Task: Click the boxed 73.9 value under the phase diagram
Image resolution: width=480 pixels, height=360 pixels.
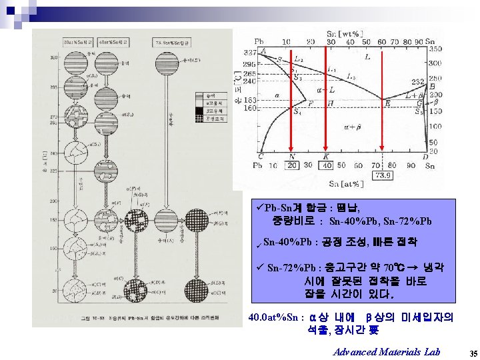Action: click(383, 175)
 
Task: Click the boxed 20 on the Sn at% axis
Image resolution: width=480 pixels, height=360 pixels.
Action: click(292, 166)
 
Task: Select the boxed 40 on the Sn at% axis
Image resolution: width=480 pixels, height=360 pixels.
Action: click(327, 166)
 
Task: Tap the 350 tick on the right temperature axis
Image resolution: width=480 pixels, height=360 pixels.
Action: click(435, 49)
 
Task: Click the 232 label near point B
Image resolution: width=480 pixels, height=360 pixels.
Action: click(418, 81)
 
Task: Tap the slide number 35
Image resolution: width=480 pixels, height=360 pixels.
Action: click(473, 352)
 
